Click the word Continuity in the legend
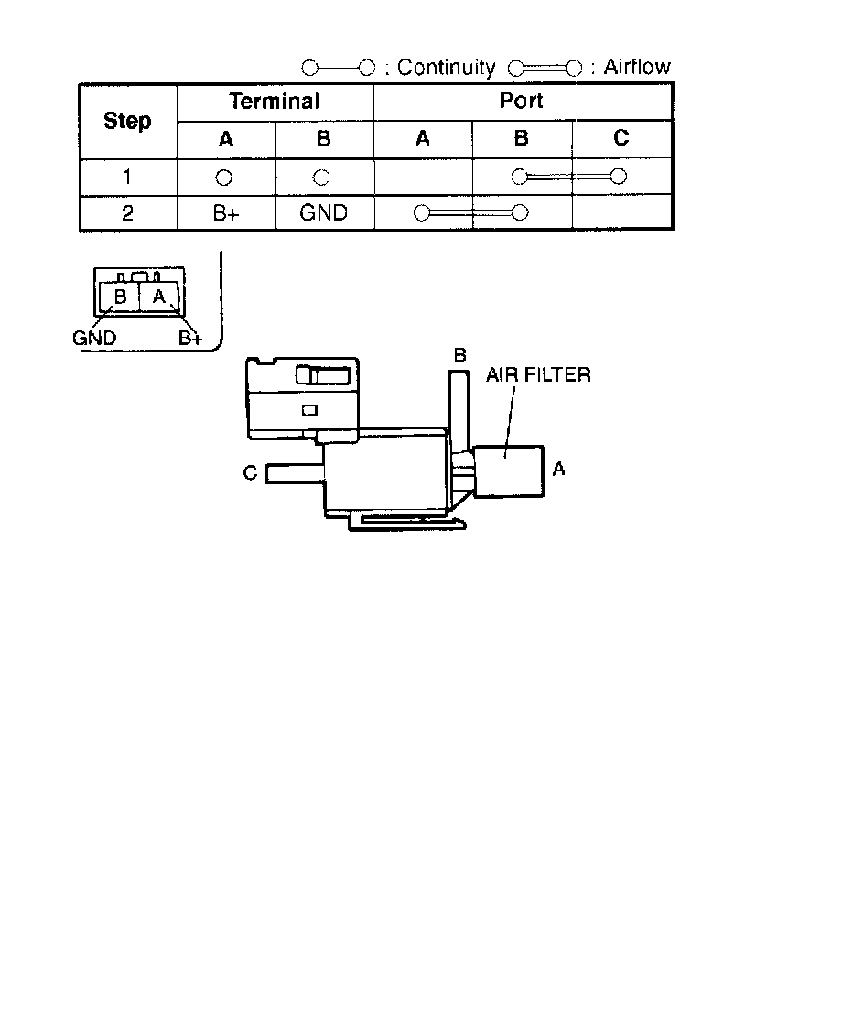[x=446, y=68]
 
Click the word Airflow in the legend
[x=636, y=67]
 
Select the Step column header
[x=127, y=121]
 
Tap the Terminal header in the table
[x=275, y=101]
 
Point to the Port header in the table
[x=522, y=101]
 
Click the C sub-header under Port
[x=621, y=139]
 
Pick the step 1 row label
[x=127, y=178]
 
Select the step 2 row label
[x=127, y=213]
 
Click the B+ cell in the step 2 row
[x=225, y=213]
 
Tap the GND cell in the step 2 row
[x=323, y=213]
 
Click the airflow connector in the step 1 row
[x=568, y=177]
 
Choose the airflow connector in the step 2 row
[x=470, y=213]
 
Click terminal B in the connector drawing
[x=120, y=297]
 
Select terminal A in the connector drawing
[x=159, y=296]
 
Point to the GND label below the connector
[x=94, y=338]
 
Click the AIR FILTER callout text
[x=538, y=375]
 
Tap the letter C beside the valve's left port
[x=250, y=472]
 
